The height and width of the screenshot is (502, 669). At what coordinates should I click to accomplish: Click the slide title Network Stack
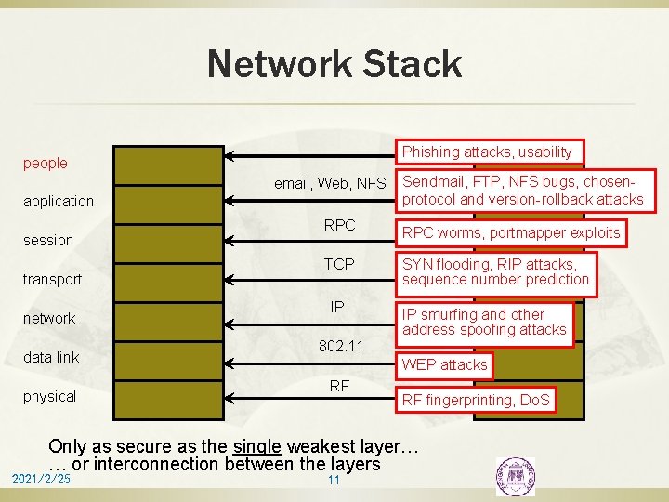point(334,64)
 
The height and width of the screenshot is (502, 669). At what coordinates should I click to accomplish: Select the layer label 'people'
point(46,164)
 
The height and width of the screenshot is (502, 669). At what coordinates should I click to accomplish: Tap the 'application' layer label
point(59,201)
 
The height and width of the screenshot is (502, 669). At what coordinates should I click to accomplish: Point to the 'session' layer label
point(48,240)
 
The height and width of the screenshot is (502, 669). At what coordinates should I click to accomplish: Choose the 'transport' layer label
point(53,279)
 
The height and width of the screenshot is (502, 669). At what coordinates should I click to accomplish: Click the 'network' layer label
point(49,318)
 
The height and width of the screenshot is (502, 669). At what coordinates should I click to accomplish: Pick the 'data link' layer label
point(51,357)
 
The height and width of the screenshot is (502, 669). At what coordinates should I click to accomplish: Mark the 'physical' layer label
point(50,396)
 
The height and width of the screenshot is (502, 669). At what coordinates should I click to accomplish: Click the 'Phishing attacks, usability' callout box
point(487,152)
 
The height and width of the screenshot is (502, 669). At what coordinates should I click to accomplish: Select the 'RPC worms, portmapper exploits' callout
point(510,232)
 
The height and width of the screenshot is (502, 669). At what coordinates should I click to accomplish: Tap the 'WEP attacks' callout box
point(444,365)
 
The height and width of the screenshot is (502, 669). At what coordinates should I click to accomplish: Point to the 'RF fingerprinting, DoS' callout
point(475,401)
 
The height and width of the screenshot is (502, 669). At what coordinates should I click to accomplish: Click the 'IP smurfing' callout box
point(483,322)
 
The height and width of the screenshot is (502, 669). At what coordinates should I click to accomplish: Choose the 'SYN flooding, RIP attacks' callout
point(495,271)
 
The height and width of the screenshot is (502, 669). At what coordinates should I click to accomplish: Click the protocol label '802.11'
point(340,346)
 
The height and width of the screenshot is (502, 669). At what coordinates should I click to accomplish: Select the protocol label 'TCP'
point(339,264)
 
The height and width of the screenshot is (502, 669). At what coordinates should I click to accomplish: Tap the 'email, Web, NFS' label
point(330,184)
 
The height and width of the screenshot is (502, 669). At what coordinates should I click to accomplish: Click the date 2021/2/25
point(40,479)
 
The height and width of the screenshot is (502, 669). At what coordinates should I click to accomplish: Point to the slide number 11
point(334,480)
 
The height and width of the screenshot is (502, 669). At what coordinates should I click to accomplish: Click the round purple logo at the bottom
point(514,476)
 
